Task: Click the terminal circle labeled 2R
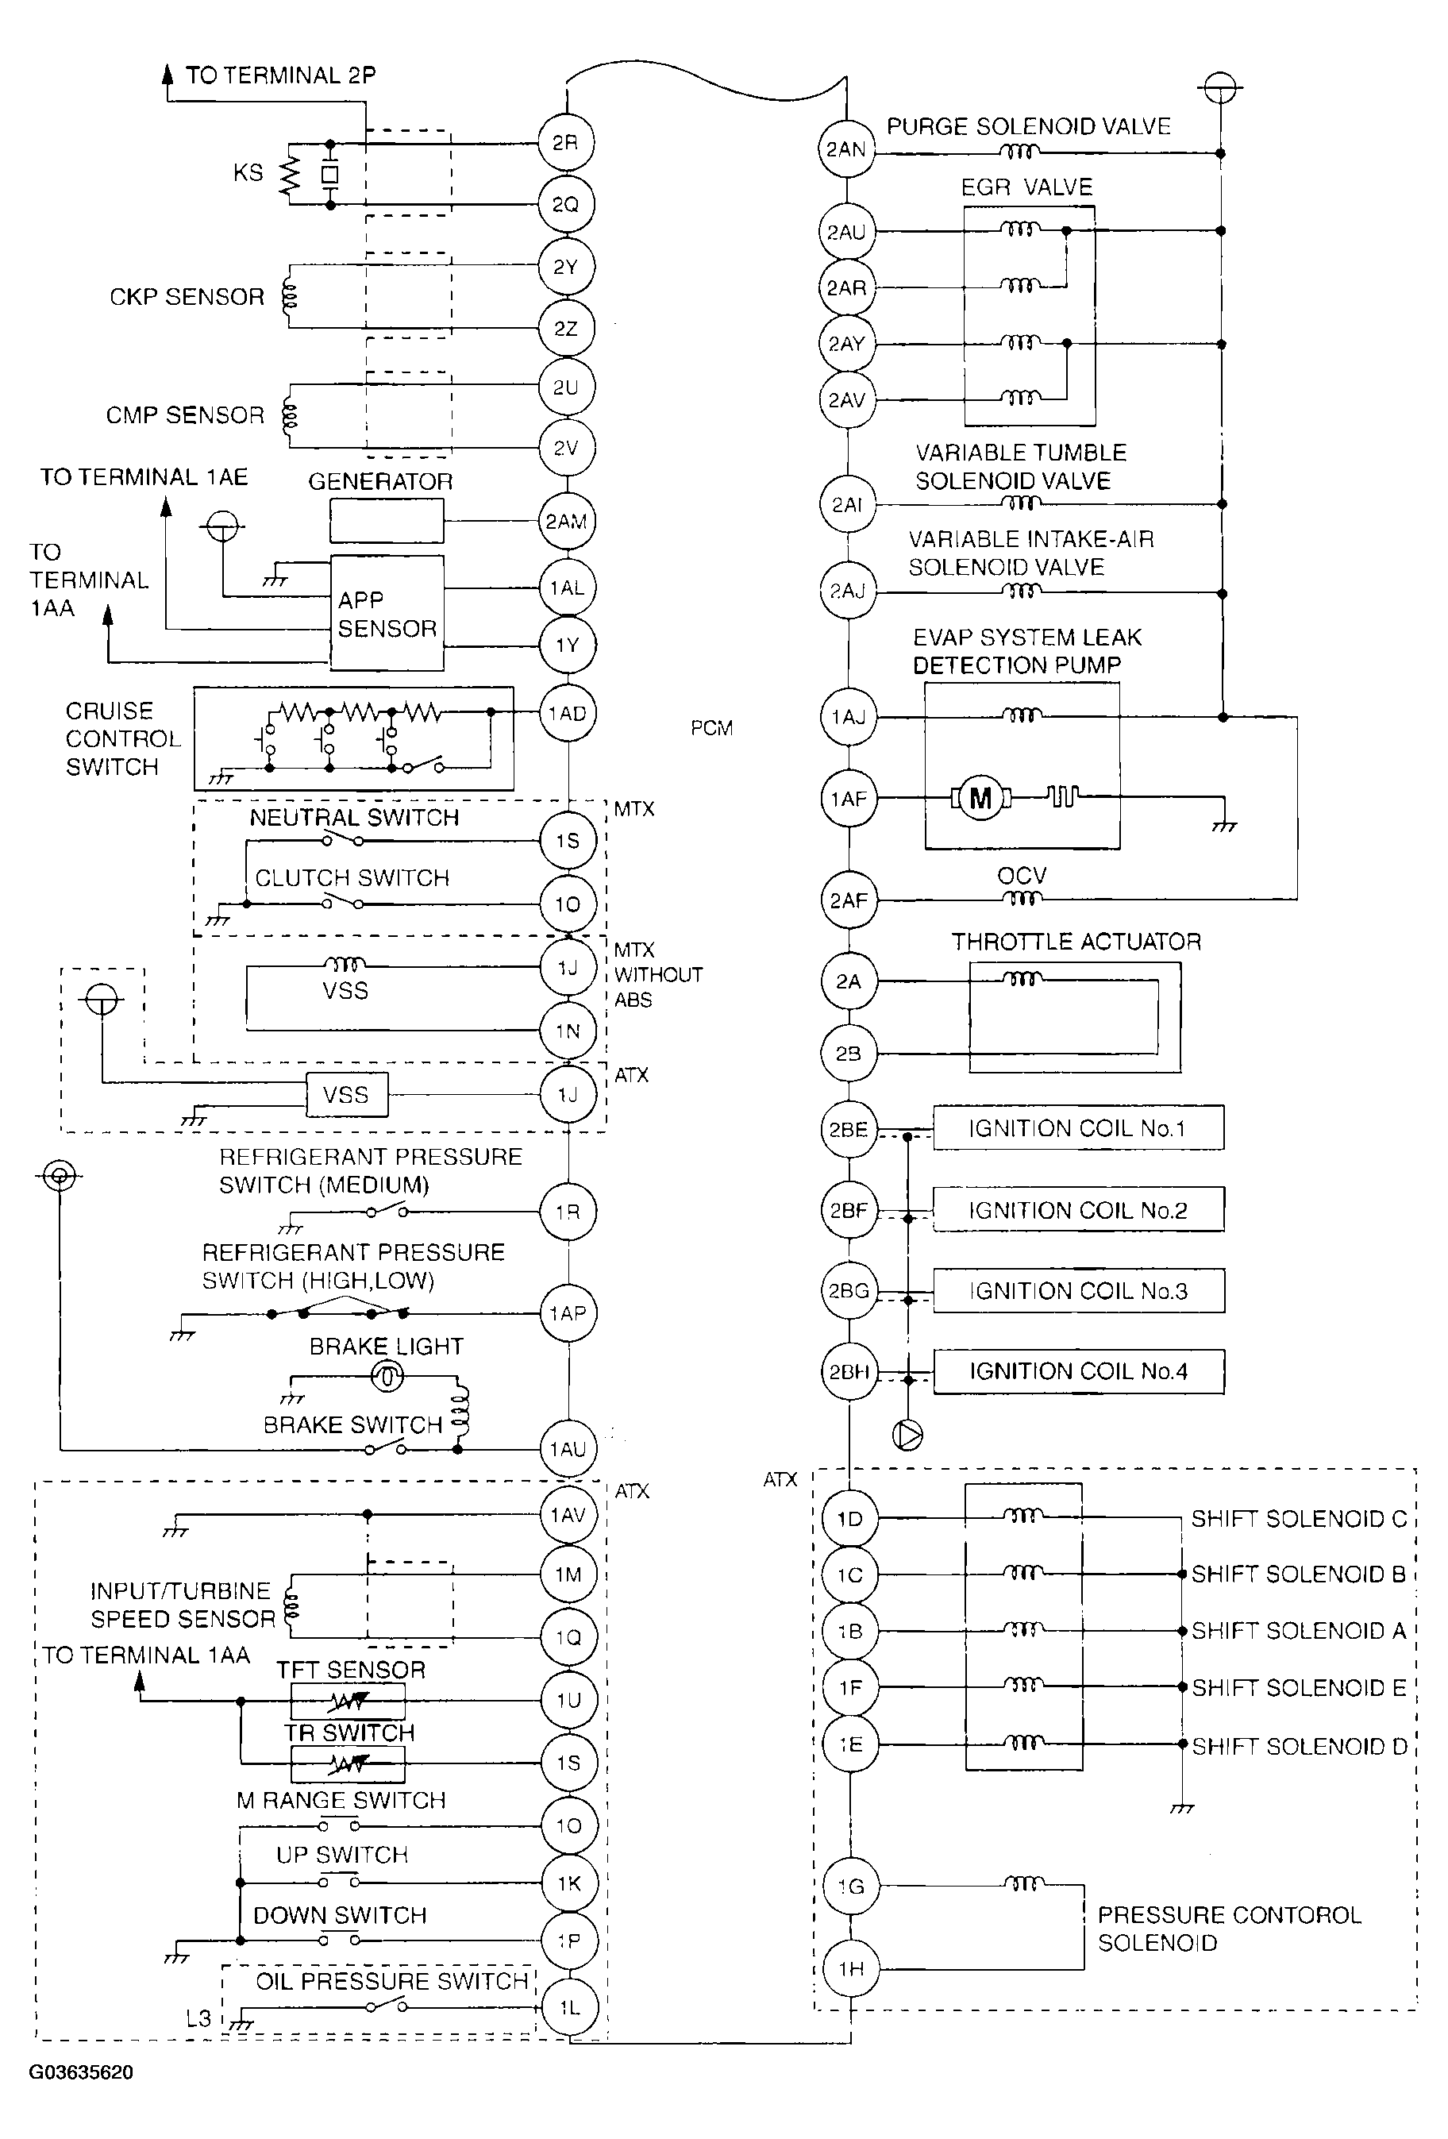click(566, 143)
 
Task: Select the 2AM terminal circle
click(567, 521)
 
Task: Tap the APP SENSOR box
click(387, 613)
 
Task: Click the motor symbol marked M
click(980, 797)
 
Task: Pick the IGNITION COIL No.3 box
click(1079, 1290)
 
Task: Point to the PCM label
click(711, 728)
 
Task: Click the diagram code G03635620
click(81, 2073)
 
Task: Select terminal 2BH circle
click(849, 1371)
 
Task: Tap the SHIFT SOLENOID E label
click(1299, 1688)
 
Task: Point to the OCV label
click(1022, 875)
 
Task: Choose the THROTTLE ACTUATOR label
click(1076, 942)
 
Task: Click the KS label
click(248, 172)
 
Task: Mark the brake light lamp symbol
click(387, 1376)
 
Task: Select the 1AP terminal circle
click(568, 1313)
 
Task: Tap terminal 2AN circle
click(846, 149)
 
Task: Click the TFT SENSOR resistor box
click(348, 1702)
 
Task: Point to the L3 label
click(198, 2018)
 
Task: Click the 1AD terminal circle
click(567, 713)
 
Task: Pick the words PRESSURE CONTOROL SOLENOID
click(1229, 1929)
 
